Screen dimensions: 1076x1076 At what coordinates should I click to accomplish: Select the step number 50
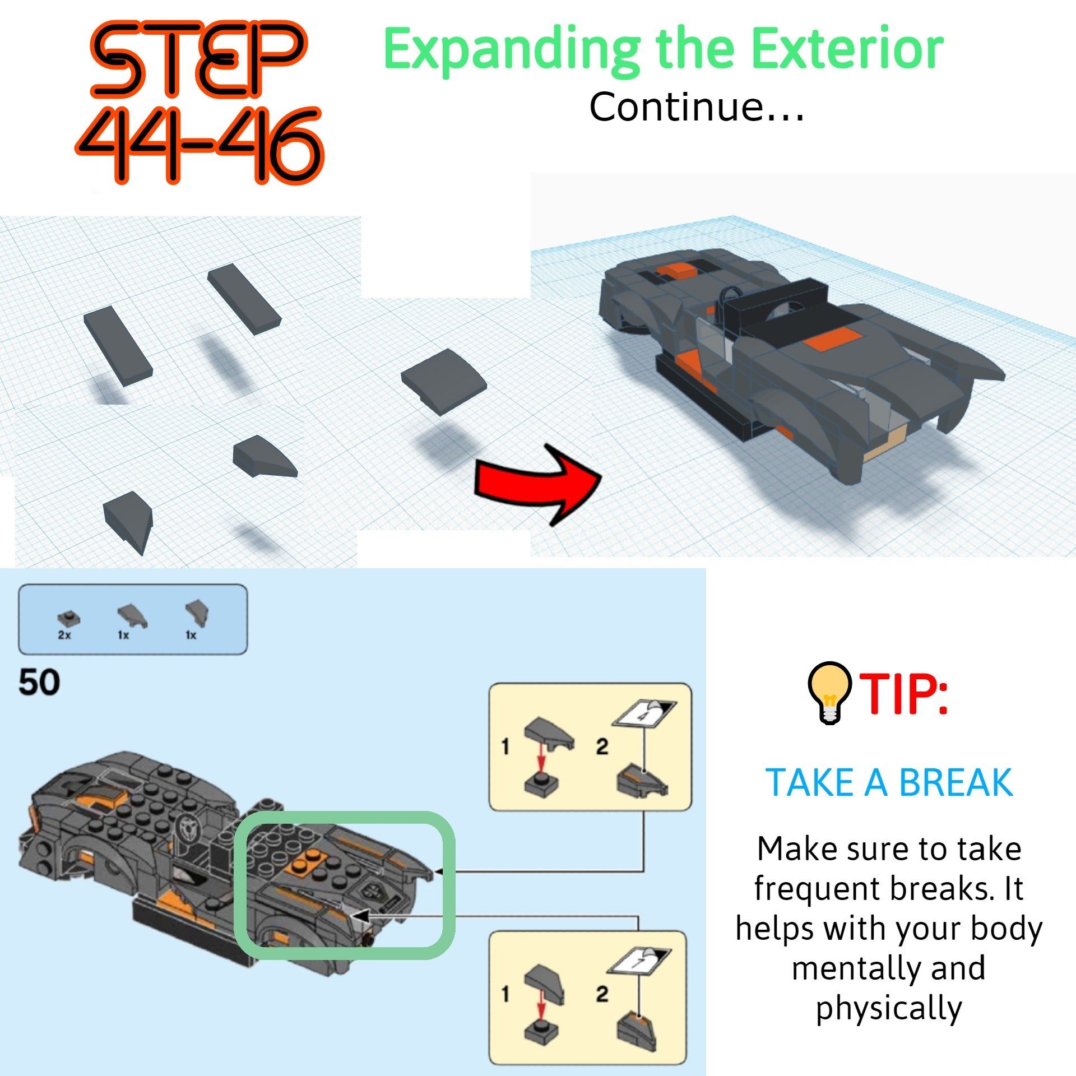click(39, 683)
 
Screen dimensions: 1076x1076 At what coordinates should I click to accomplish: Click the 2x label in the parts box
click(64, 635)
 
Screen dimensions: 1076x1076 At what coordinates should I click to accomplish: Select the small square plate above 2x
click(68, 617)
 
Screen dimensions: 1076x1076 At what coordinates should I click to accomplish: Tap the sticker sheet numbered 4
click(645, 713)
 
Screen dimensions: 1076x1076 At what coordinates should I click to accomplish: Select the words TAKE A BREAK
click(889, 782)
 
